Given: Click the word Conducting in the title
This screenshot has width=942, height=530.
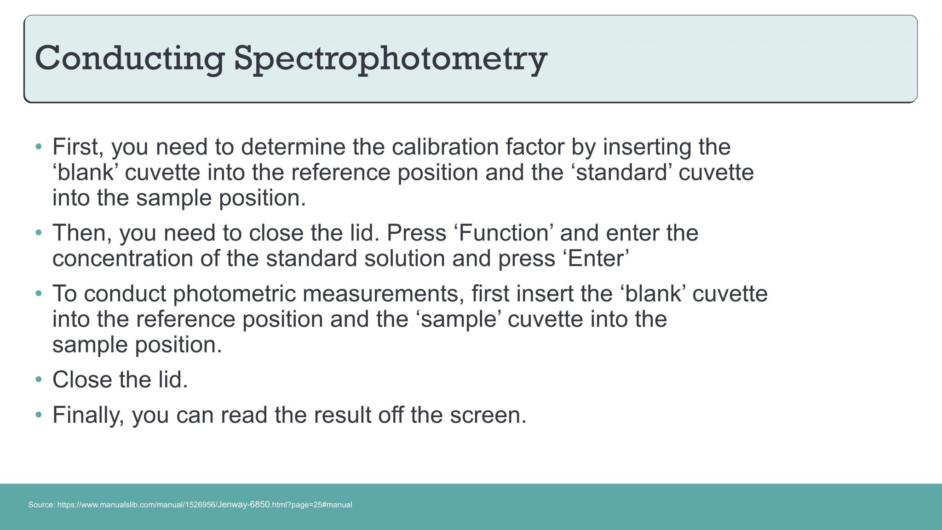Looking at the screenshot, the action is pyautogui.click(x=130, y=58).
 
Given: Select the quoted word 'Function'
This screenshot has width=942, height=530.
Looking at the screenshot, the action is pyautogui.click(x=503, y=233).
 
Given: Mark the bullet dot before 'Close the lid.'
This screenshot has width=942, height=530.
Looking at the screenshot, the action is pyautogui.click(x=39, y=380).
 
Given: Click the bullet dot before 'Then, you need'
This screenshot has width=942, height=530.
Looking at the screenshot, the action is pyautogui.click(x=39, y=233).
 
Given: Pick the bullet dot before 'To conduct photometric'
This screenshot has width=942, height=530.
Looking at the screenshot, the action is pyautogui.click(x=39, y=294).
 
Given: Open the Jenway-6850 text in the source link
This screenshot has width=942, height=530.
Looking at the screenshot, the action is pyautogui.click(x=243, y=505).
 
